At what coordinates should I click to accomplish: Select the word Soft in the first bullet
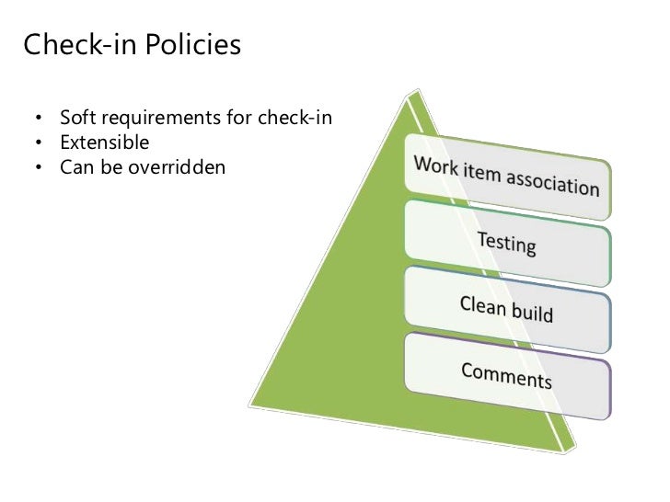(x=75, y=120)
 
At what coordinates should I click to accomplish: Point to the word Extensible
(x=104, y=143)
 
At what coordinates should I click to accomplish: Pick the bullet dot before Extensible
(x=39, y=144)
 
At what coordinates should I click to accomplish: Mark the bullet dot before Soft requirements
(x=39, y=120)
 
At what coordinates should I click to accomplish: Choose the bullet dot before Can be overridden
(x=39, y=168)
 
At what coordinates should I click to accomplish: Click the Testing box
(x=506, y=241)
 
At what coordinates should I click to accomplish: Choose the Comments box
(x=506, y=373)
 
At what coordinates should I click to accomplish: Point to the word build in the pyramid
(x=533, y=313)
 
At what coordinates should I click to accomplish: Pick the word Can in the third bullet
(x=74, y=167)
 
